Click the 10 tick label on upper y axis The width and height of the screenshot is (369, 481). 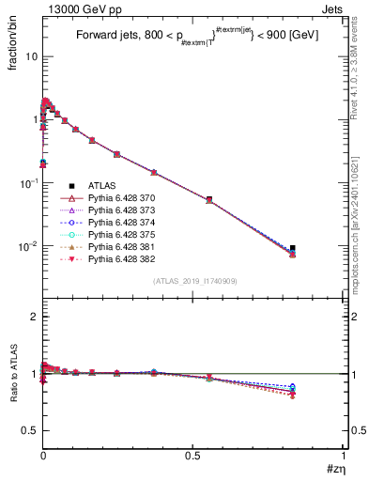point(29,56)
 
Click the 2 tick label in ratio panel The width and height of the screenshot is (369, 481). point(32,317)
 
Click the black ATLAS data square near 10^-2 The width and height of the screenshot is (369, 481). point(293,249)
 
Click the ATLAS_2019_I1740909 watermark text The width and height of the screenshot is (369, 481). point(193,281)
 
